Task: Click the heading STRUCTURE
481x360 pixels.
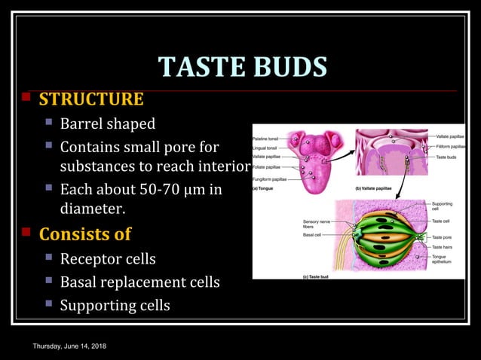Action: (x=90, y=99)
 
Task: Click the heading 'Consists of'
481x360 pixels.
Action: (x=84, y=233)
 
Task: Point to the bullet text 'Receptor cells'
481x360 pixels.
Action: (x=107, y=259)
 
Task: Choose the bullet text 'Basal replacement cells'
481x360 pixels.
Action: (x=139, y=282)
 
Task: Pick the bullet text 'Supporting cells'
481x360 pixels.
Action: (x=115, y=305)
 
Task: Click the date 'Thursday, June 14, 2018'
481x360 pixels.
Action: (x=69, y=345)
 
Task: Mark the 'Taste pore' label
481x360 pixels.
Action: (x=442, y=237)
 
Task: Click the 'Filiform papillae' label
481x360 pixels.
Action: (x=450, y=146)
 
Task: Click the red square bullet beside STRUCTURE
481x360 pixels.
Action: (x=26, y=98)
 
